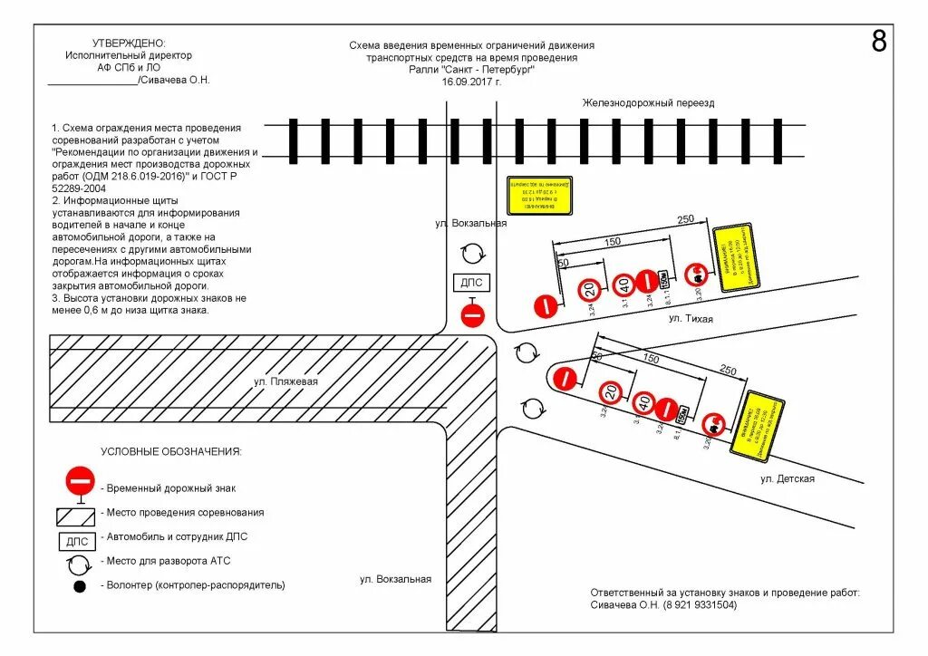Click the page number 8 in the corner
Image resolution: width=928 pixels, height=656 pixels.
coord(878,42)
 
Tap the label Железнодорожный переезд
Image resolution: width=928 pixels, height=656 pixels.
coord(648,103)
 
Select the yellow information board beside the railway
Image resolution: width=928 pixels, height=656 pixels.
coord(539,196)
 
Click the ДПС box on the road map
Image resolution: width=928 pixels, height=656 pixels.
coord(472,283)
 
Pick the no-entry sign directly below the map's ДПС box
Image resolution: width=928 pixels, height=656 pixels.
coord(473,315)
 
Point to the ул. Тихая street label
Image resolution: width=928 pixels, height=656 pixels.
coord(691,319)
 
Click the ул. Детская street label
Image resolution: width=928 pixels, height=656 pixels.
coord(787,478)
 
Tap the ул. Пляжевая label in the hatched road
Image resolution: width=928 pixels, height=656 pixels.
coord(285,381)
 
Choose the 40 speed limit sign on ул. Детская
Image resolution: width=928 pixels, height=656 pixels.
coord(643,401)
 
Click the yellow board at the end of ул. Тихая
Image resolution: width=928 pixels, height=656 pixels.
coord(736,258)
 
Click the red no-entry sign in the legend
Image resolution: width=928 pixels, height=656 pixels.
coord(80,480)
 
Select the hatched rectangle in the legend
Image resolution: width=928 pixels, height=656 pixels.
coord(76,516)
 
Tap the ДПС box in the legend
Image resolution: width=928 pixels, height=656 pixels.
coord(76,542)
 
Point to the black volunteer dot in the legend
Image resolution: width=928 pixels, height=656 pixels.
coord(80,586)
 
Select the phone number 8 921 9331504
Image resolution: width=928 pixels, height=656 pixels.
coord(699,604)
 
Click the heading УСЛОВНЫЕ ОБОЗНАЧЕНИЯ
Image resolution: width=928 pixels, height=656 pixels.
coord(171,451)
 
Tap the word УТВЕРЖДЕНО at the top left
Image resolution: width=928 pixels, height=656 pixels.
coord(130,43)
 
